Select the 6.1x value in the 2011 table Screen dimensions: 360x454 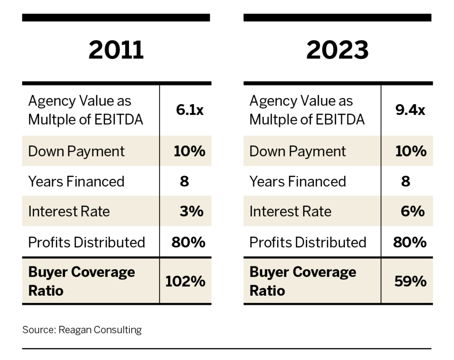click(189, 110)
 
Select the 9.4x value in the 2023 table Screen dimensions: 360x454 click(410, 110)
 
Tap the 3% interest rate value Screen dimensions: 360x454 click(191, 211)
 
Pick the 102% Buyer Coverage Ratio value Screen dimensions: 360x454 click(185, 282)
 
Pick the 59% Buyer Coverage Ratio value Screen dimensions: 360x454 click(410, 282)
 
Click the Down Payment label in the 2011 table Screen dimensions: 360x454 click(76, 151)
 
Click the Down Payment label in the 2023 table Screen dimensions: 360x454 click(297, 151)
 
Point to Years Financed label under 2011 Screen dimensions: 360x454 click(76, 181)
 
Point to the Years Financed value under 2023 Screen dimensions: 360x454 click(406, 181)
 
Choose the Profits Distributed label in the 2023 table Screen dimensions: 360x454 click(308, 242)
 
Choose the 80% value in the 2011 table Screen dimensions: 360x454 click(188, 242)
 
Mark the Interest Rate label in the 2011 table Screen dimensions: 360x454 click(69, 211)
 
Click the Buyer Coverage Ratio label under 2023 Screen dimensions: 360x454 click(302, 281)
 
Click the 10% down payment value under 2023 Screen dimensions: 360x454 click(411, 151)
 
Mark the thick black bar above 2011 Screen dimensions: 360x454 click(116, 18)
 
